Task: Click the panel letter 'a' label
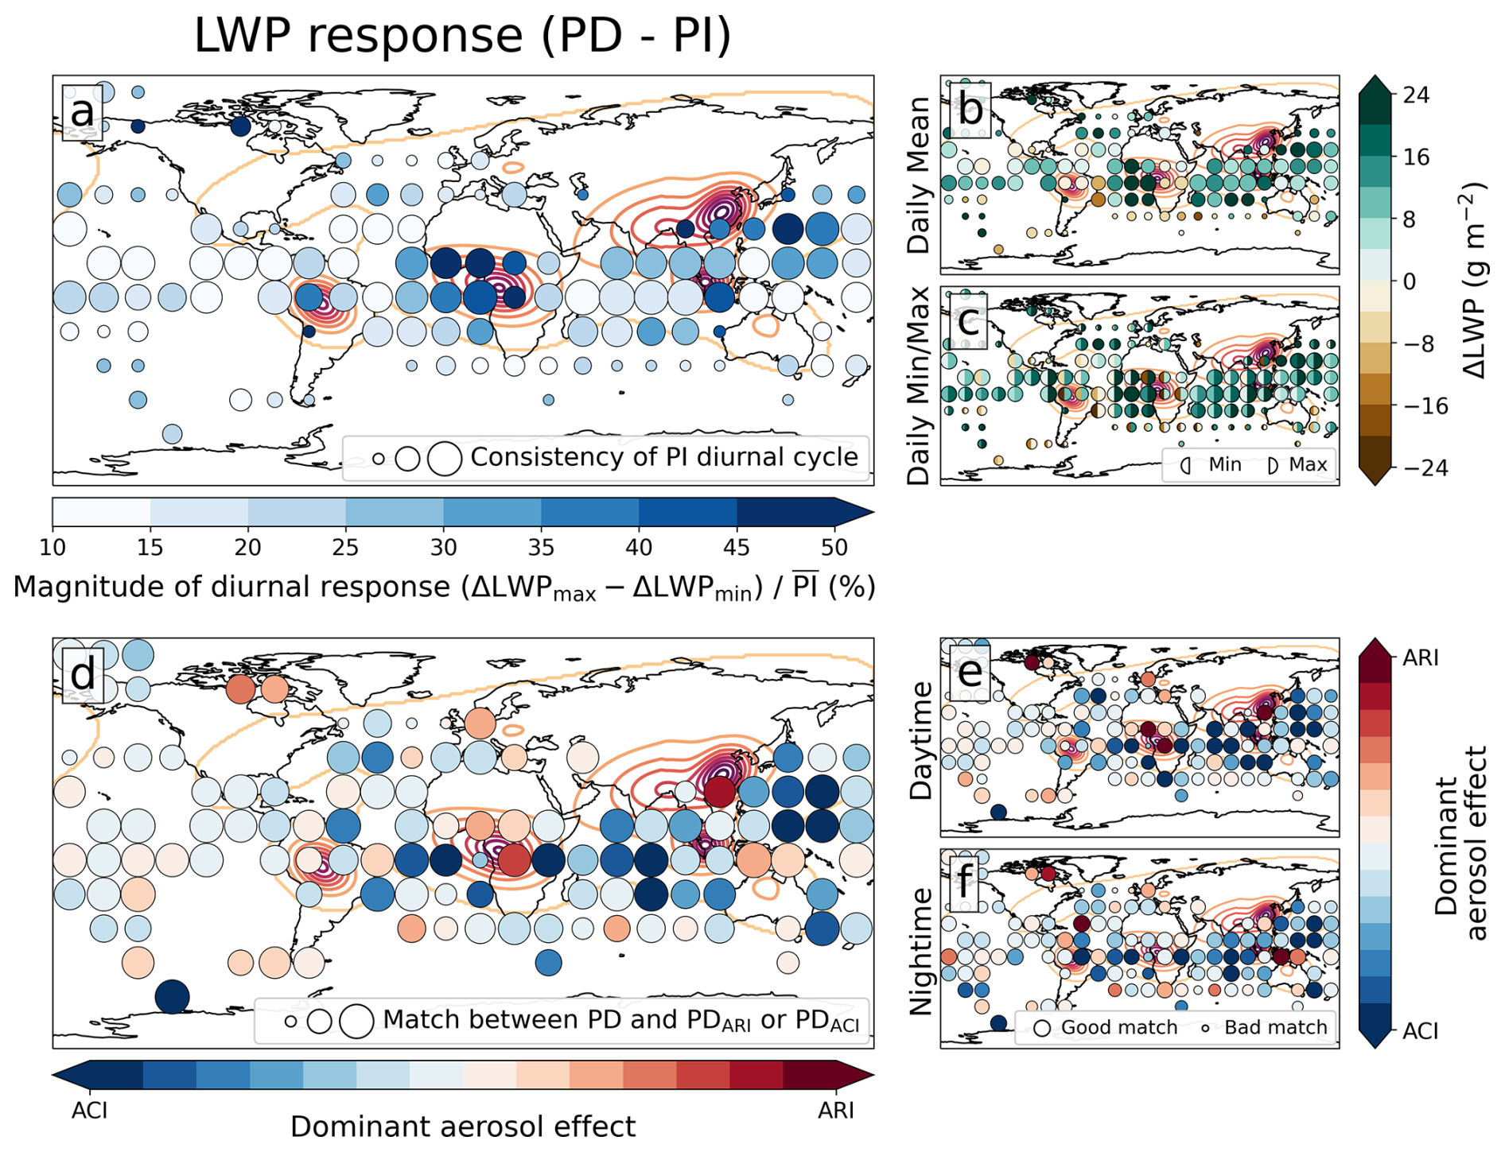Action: click(x=82, y=112)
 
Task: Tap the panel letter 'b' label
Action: click(x=970, y=108)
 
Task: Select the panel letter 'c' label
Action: click(x=968, y=320)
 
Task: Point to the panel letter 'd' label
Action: click(x=83, y=674)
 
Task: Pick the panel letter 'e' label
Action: click(x=970, y=672)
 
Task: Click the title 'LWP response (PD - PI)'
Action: click(x=462, y=36)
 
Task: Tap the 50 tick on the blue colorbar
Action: click(x=834, y=547)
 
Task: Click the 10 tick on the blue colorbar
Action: click(x=52, y=547)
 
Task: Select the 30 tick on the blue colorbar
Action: click(x=443, y=547)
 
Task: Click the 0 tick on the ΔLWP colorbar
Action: click(x=1409, y=281)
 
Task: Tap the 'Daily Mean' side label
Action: click(x=919, y=175)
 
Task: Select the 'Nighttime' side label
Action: click(x=920, y=951)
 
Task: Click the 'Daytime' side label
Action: click(x=920, y=740)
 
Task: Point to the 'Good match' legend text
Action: click(x=1118, y=1027)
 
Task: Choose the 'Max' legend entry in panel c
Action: click(x=1308, y=464)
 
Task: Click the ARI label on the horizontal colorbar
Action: click(x=835, y=1110)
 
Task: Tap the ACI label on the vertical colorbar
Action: click(x=1421, y=1031)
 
